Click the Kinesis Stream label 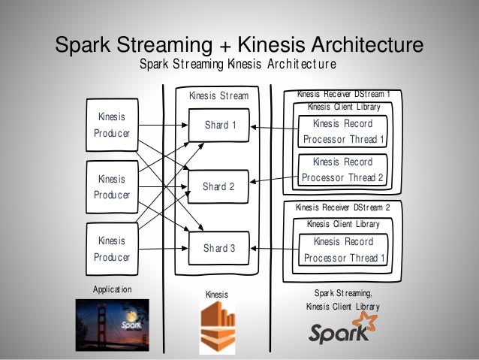pos(218,95)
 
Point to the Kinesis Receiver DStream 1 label pos(344,94)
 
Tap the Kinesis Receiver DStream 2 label pos(343,207)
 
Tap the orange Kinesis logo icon pos(218,328)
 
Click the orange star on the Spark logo pos(366,321)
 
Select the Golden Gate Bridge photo pos(113,325)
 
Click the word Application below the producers pos(113,289)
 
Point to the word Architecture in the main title pos(367,44)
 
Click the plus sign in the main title pos(225,46)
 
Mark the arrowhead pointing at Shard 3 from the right pos(254,248)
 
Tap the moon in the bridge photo pos(131,316)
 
